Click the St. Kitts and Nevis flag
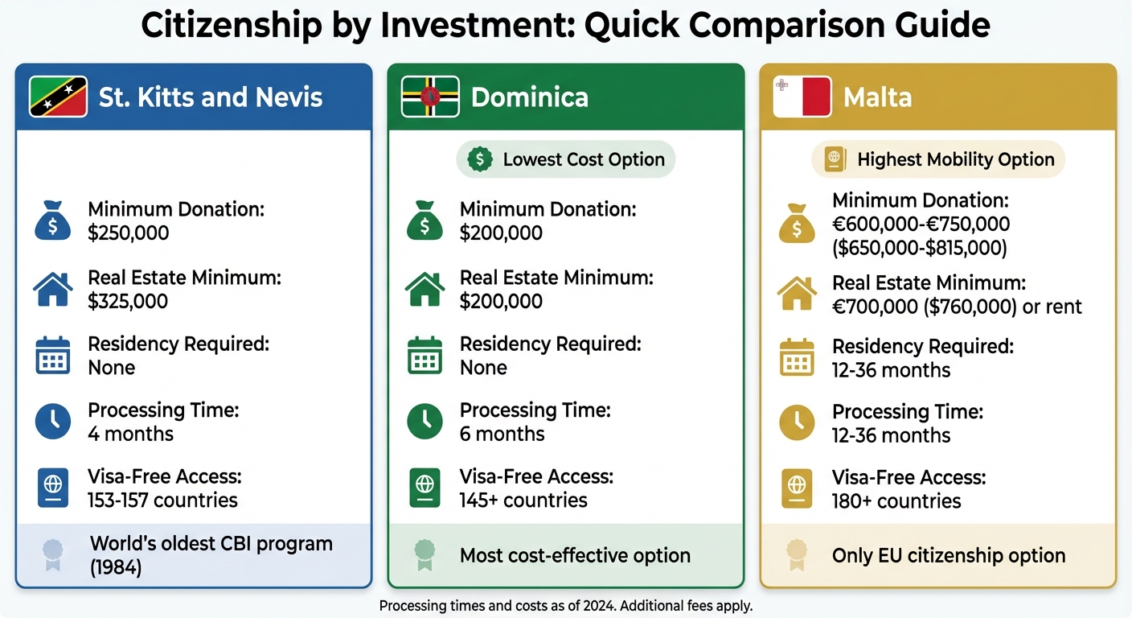(x=58, y=97)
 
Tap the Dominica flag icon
(x=430, y=97)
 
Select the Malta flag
(x=802, y=97)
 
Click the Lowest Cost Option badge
(x=566, y=159)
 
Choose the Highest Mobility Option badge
(x=938, y=159)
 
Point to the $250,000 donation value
(x=129, y=233)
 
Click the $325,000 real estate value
(x=128, y=302)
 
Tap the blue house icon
(x=53, y=289)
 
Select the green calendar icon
(x=424, y=356)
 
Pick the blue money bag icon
(x=53, y=221)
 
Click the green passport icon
(x=424, y=488)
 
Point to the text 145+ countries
(x=523, y=501)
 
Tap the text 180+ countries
(x=896, y=501)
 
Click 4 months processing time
(x=130, y=434)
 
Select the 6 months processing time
(x=502, y=434)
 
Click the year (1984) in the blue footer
(x=116, y=567)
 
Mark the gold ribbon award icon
(x=797, y=554)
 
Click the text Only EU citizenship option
(x=949, y=555)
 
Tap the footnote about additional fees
(x=565, y=605)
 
